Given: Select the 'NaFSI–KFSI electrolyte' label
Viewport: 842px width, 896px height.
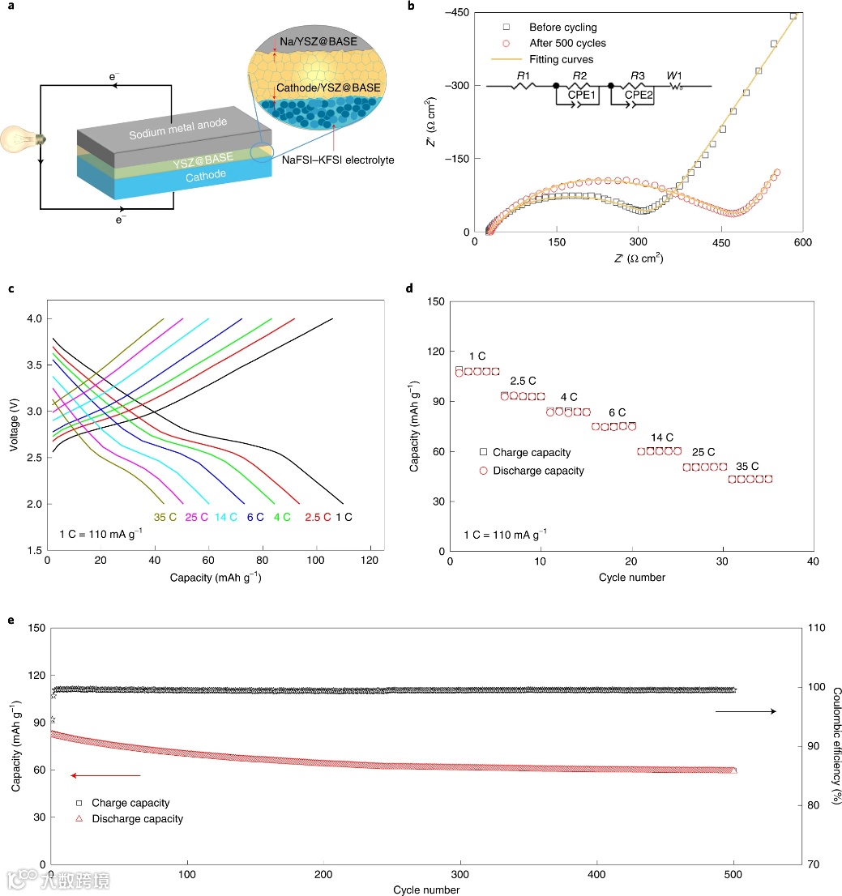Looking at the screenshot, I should pyautogui.click(x=338, y=160).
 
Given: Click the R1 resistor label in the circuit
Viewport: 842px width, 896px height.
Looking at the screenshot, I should pyautogui.click(x=524, y=76).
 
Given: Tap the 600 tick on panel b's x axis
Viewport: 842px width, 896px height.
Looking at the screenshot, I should pyautogui.click(x=802, y=244).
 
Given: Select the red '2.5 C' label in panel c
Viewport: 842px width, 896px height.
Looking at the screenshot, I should pyautogui.click(x=317, y=516).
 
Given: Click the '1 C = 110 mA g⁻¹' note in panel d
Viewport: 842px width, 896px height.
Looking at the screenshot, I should pyautogui.click(x=505, y=534).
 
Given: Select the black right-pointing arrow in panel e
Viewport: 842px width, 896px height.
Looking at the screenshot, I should pyautogui.click(x=745, y=711).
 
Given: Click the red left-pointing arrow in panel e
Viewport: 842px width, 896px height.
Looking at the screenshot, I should pyautogui.click(x=105, y=775).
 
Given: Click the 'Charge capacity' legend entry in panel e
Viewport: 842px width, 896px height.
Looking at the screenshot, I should pyautogui.click(x=130, y=803).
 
